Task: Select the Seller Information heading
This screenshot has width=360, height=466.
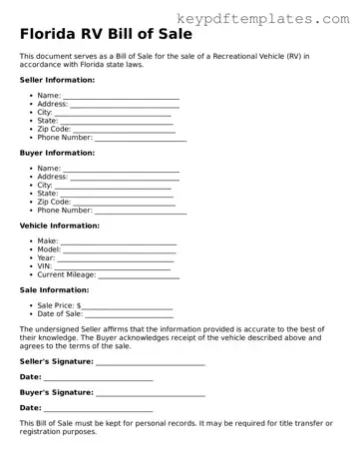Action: pyautogui.click(x=58, y=80)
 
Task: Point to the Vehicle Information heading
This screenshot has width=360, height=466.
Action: pyautogui.click(x=60, y=226)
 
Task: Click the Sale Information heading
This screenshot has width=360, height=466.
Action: pyautogui.click(x=55, y=290)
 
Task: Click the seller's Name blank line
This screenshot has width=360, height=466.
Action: pyautogui.click(x=121, y=97)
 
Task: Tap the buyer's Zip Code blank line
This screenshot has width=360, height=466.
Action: pyautogui.click(x=125, y=203)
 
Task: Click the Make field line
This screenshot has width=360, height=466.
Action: pyautogui.click(x=119, y=242)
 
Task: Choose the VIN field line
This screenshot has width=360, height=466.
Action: pyautogui.click(x=116, y=267)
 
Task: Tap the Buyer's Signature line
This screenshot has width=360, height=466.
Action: pyautogui.click(x=151, y=393)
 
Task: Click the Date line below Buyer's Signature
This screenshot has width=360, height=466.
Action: pyautogui.click(x=99, y=409)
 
